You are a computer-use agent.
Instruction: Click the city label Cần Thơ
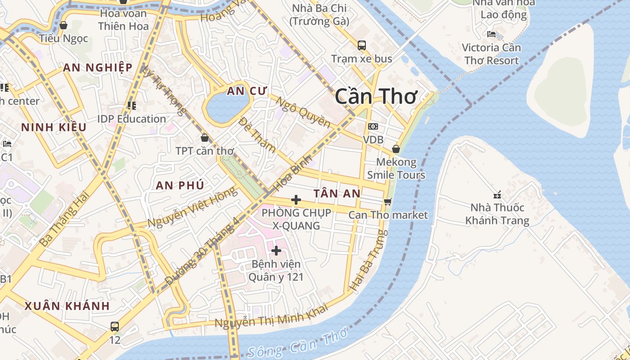pos(376,96)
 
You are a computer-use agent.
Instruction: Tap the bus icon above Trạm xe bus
pos(362,45)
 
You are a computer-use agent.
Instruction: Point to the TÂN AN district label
pos(337,193)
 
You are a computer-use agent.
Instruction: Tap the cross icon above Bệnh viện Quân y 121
pos(276,250)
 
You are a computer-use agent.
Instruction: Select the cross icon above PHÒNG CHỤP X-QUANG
pos(296,199)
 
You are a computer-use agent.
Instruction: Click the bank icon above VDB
pos(373,126)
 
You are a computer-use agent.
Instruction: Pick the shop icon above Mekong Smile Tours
pos(396,148)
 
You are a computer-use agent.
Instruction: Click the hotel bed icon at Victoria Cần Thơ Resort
pos(491,34)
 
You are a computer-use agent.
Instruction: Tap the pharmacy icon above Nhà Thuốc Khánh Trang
pos(497,194)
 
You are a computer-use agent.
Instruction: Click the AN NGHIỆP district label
pos(98,67)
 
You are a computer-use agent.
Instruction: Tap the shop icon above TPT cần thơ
pos(205,137)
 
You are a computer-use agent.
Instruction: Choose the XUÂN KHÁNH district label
pos(67,306)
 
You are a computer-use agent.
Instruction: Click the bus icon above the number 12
pos(115,326)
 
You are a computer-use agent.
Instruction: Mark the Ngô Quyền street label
pos(303,112)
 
